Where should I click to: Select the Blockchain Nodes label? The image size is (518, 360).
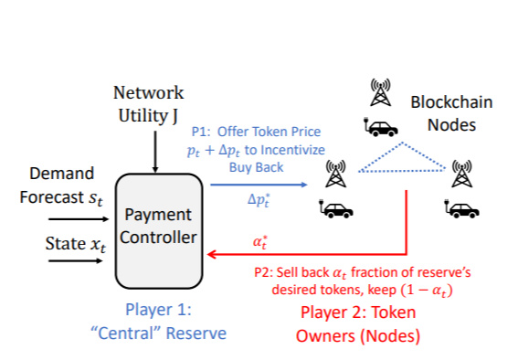click(x=442, y=113)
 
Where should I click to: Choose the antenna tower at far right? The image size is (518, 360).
click(x=462, y=172)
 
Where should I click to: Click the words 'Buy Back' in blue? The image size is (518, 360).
click(x=257, y=168)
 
